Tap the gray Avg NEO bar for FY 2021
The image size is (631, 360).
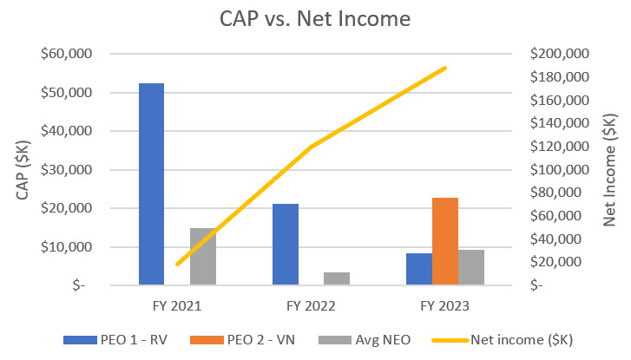pyautogui.click(x=203, y=256)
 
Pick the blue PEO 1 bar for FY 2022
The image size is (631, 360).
pyautogui.click(x=286, y=244)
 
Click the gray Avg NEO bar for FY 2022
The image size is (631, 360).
pyautogui.click(x=338, y=278)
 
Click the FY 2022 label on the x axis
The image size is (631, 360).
pyautogui.click(x=311, y=305)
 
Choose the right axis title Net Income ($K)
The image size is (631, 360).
pyautogui.click(x=611, y=169)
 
